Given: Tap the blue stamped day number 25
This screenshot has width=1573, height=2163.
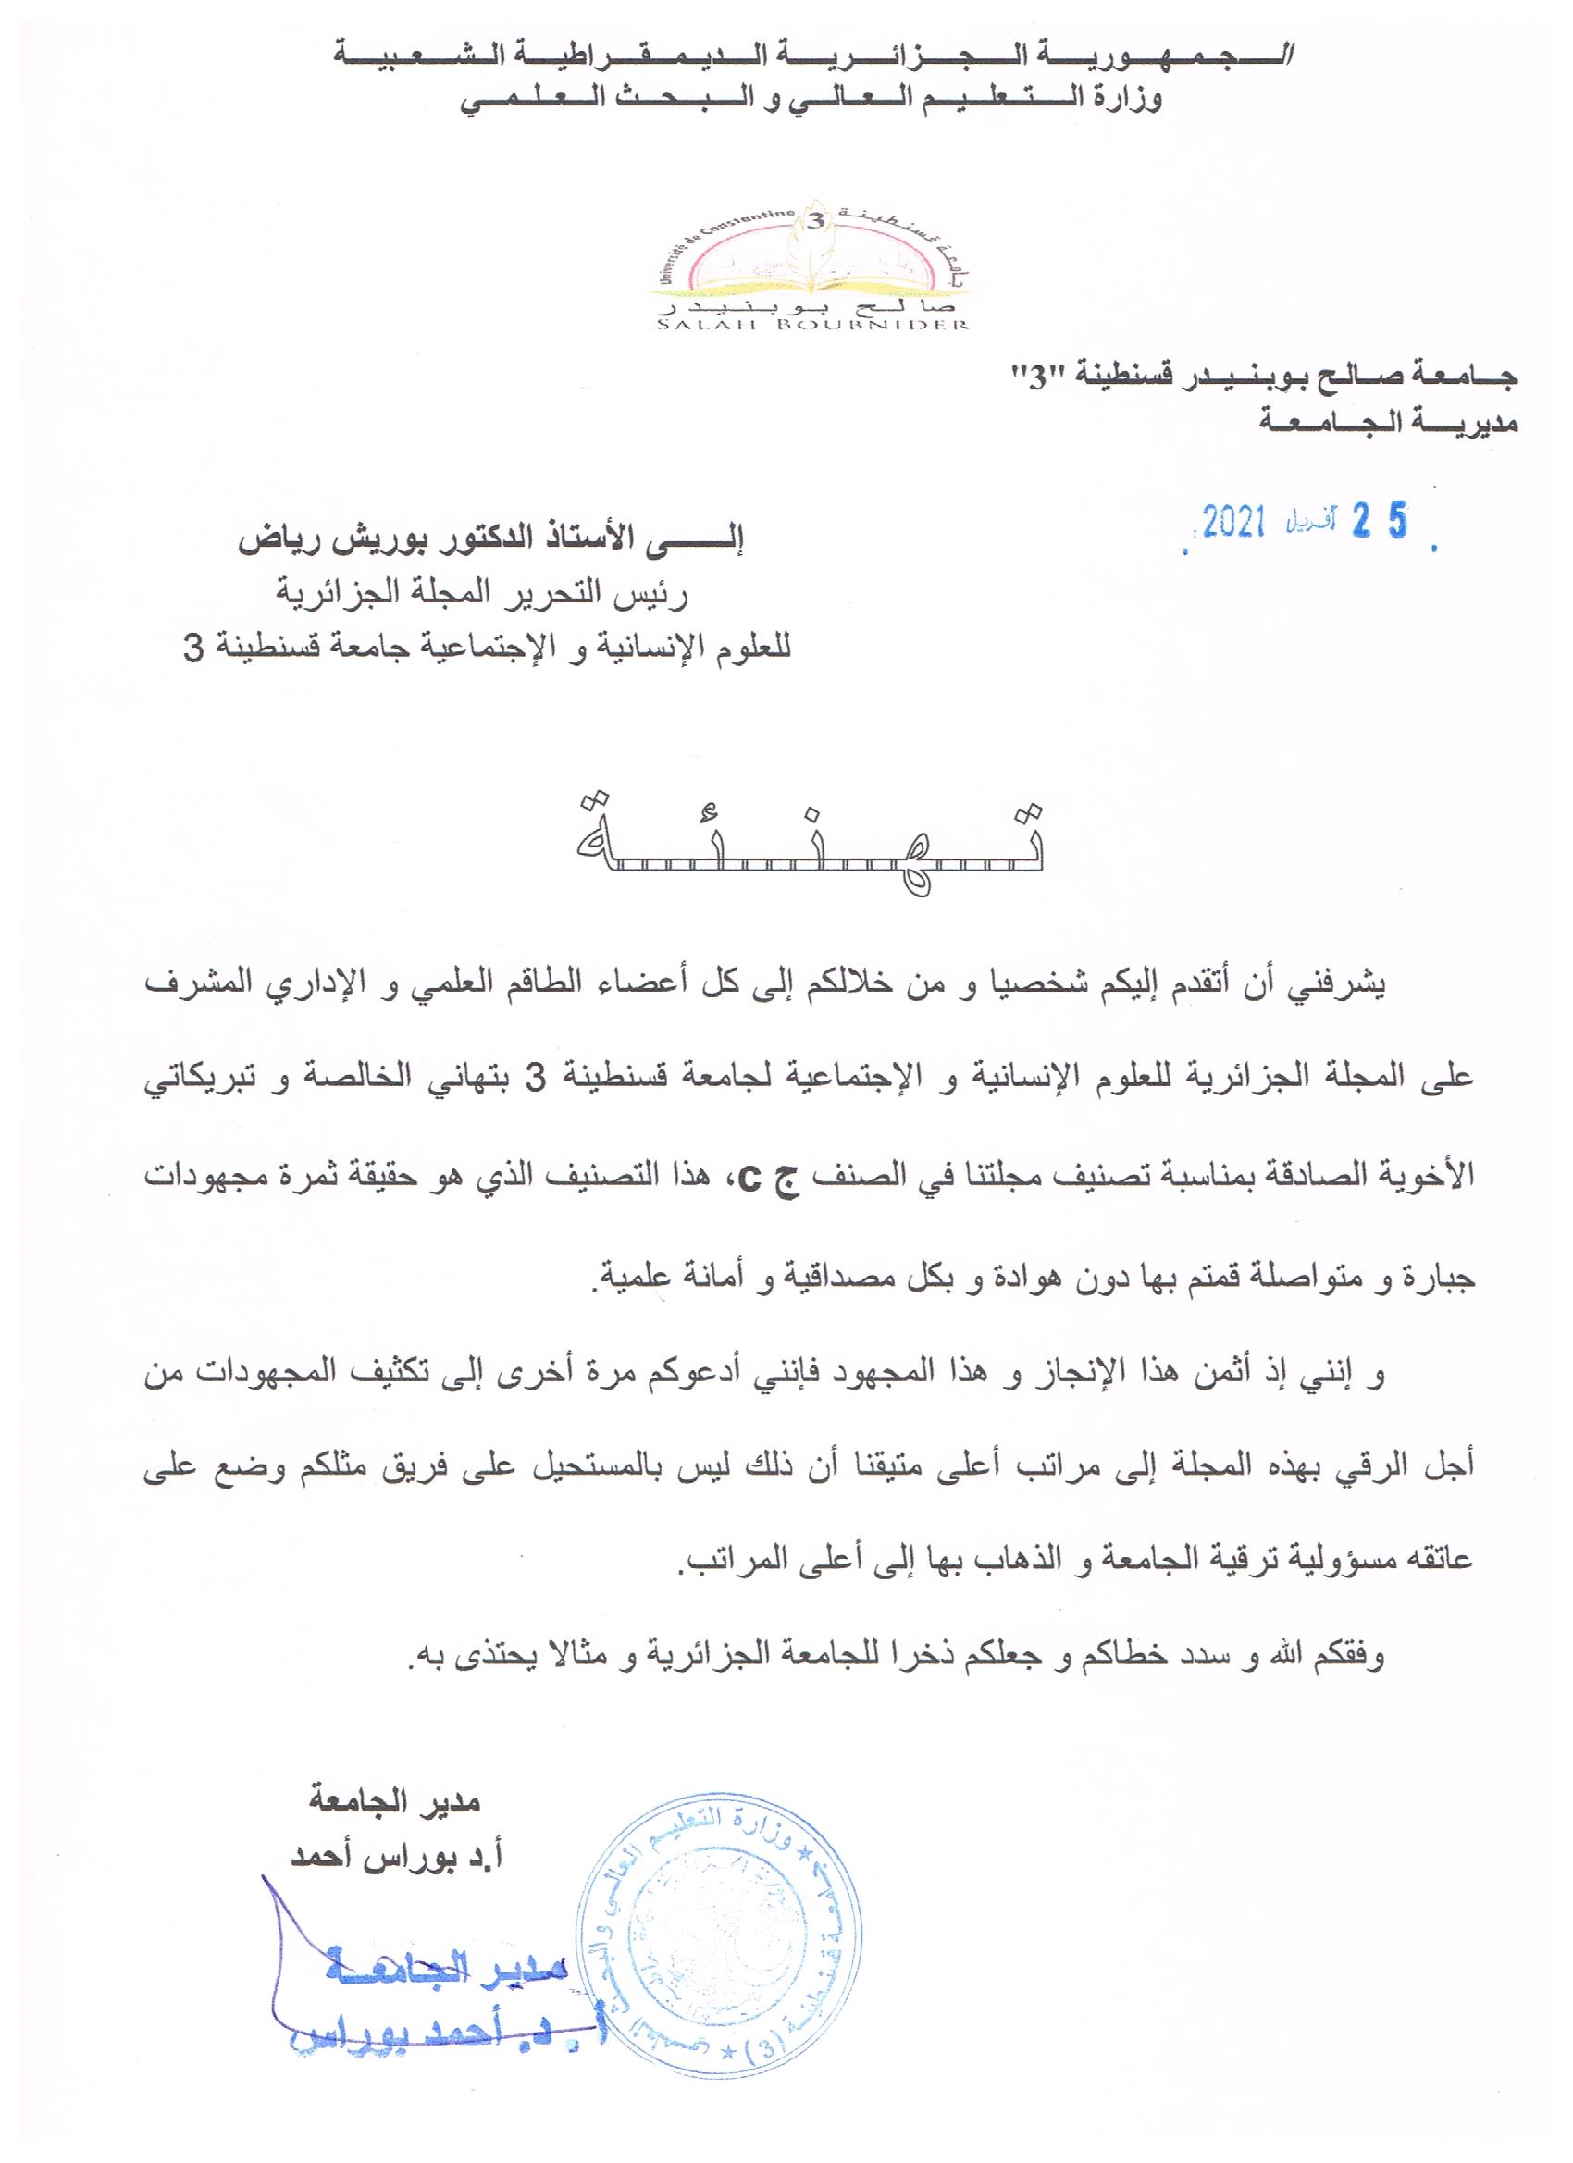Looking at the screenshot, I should click(1380, 521).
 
